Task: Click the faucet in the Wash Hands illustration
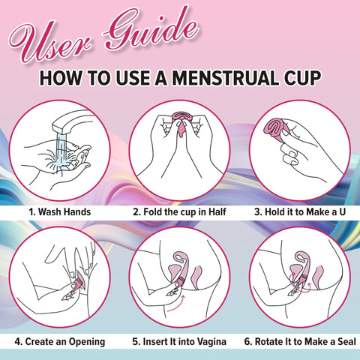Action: click(x=73, y=121)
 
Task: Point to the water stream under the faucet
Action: click(x=60, y=152)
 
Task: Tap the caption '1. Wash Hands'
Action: click(x=59, y=212)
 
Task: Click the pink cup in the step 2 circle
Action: click(x=182, y=122)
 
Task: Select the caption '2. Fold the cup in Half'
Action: click(x=179, y=212)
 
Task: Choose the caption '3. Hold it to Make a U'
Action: click(x=300, y=212)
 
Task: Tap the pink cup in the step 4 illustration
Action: click(x=79, y=280)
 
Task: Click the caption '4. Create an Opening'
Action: click(x=60, y=342)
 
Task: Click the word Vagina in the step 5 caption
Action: click(x=211, y=342)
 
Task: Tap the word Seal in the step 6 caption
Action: click(x=346, y=342)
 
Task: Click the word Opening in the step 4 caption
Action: click(x=87, y=342)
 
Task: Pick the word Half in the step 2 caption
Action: click(x=217, y=212)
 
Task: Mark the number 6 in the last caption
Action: click(x=247, y=342)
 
